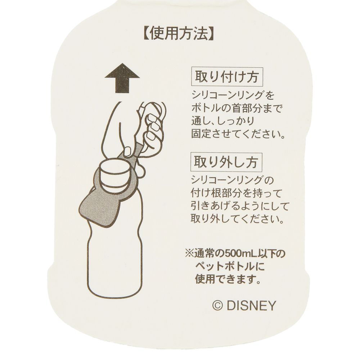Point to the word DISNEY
click(251, 306)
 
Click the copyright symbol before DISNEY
click(218, 306)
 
